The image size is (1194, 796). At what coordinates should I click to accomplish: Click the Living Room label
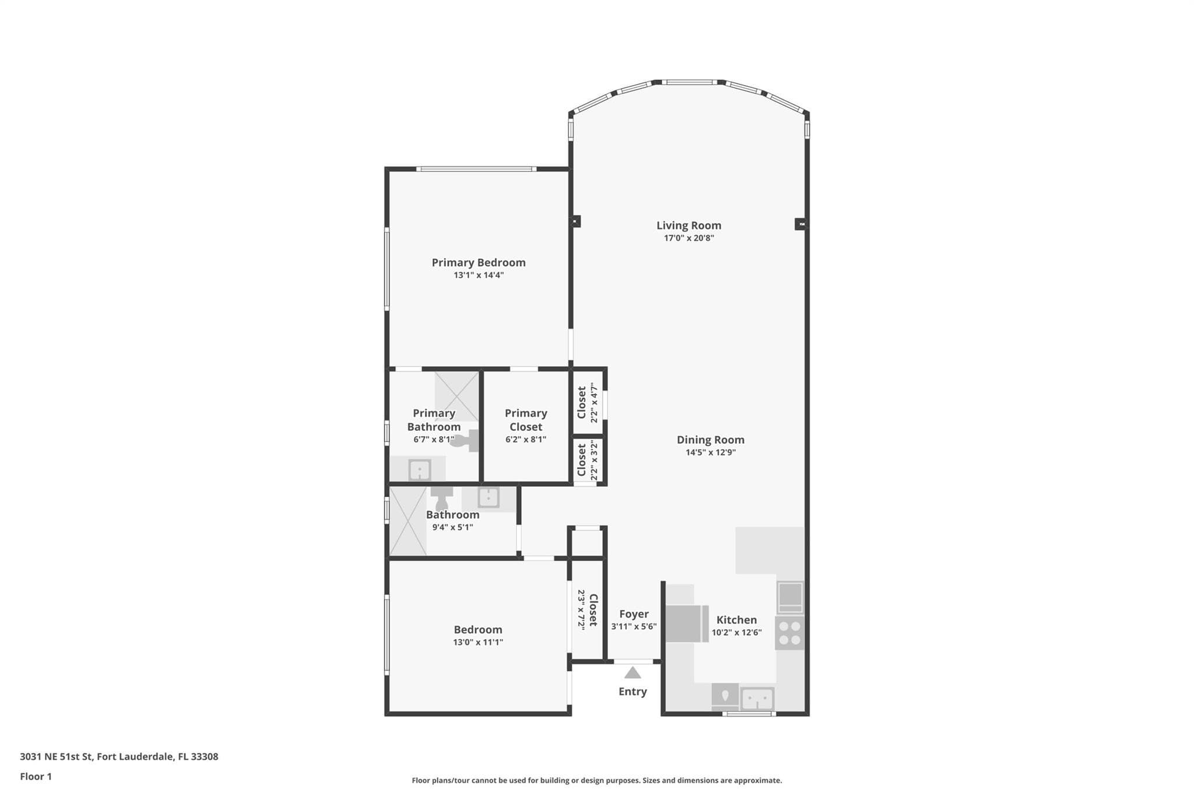click(x=689, y=226)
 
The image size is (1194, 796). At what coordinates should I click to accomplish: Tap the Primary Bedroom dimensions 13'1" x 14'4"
click(x=479, y=275)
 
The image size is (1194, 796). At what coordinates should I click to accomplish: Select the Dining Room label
click(x=710, y=440)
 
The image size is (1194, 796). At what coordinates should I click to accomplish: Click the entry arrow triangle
click(x=633, y=673)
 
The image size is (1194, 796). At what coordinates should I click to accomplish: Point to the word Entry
click(x=633, y=692)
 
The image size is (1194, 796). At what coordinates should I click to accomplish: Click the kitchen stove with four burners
click(x=789, y=633)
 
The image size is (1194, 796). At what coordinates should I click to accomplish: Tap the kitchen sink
click(x=757, y=699)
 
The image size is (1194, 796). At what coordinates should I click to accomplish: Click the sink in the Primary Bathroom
click(x=419, y=469)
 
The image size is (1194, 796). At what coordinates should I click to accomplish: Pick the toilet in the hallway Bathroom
click(x=441, y=499)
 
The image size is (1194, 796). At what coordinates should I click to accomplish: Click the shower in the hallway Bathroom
click(x=408, y=521)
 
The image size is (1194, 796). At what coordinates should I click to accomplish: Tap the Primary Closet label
click(x=526, y=420)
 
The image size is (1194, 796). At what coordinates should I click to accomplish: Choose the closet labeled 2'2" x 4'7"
click(x=588, y=402)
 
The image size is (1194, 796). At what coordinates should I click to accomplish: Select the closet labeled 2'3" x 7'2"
click(x=587, y=610)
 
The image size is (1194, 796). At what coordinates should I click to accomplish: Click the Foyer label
click(x=634, y=614)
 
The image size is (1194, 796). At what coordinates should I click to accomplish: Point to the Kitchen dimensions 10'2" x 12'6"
click(x=736, y=633)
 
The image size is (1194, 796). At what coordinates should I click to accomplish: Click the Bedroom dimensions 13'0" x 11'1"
click(x=478, y=643)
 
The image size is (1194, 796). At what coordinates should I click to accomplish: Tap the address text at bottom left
click(x=119, y=757)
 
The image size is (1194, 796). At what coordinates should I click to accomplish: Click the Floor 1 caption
click(x=36, y=777)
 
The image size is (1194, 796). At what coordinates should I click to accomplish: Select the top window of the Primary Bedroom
click(x=476, y=169)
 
